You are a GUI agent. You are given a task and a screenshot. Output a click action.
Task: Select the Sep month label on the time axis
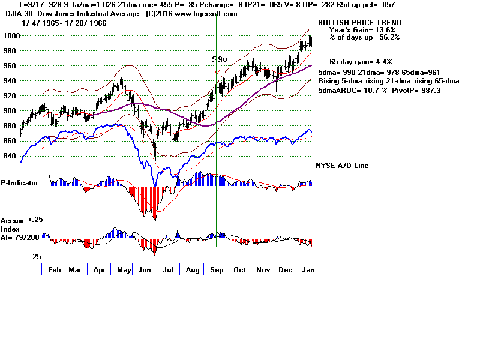click(x=217, y=270)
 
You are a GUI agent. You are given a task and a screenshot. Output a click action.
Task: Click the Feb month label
click(x=53, y=270)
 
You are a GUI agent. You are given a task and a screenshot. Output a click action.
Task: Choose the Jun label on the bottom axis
click(x=145, y=270)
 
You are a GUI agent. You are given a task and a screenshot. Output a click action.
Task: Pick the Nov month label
click(x=263, y=270)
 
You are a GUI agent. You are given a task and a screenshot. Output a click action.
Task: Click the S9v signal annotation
click(x=219, y=60)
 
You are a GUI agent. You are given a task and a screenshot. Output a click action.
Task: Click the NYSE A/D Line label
click(x=342, y=166)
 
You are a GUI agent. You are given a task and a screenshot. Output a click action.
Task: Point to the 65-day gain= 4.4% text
click(x=361, y=61)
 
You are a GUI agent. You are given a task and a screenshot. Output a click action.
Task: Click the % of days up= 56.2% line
click(x=364, y=37)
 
